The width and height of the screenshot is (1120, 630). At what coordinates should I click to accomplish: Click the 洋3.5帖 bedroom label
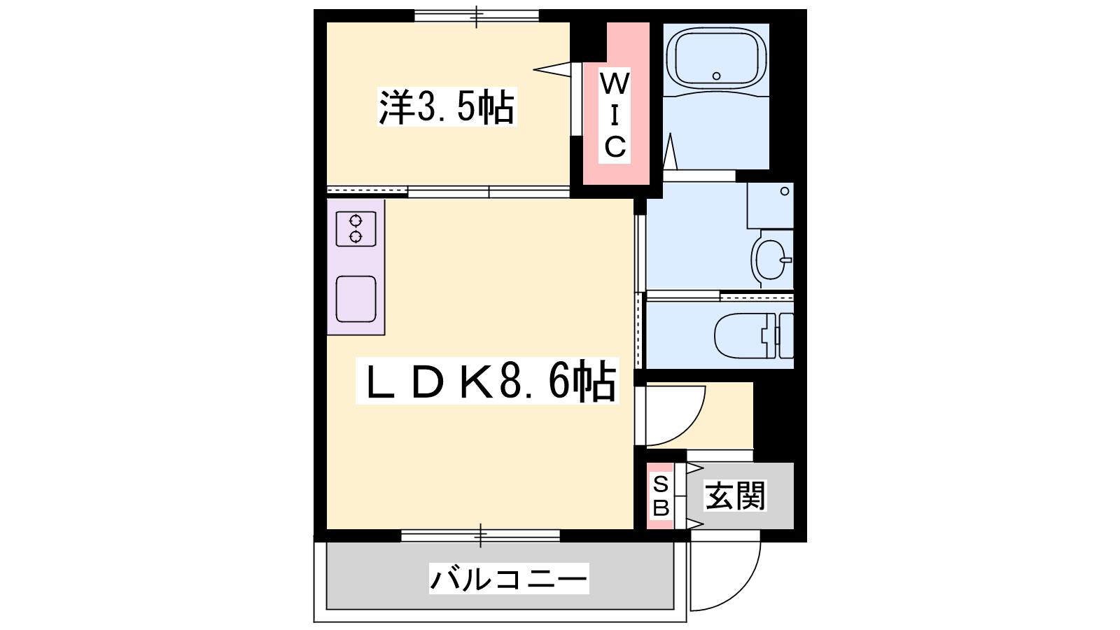[447, 106]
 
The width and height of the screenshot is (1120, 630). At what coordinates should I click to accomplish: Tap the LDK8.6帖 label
[487, 381]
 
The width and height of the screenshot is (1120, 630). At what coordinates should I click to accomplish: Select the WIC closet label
[615, 115]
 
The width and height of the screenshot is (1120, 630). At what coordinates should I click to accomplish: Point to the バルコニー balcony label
[508, 578]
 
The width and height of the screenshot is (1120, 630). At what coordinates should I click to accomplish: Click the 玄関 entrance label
[735, 496]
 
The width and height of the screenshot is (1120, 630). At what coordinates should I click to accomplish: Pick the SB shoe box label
[661, 496]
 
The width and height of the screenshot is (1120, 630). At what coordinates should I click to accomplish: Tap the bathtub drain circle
[717, 76]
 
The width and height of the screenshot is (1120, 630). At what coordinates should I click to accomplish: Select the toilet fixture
[754, 335]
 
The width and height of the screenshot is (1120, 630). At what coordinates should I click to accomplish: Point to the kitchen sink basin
[356, 299]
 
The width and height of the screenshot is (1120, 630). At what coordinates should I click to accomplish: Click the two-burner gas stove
[356, 228]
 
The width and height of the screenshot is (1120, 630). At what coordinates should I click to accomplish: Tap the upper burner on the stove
[356, 220]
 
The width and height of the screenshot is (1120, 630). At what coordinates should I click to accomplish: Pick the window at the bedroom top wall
[477, 16]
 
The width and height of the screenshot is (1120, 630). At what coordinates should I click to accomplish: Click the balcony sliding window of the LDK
[480, 535]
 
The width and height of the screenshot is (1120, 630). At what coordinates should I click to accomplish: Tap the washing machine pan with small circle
[770, 206]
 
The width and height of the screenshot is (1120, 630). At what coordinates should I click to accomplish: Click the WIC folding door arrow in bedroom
[552, 69]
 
